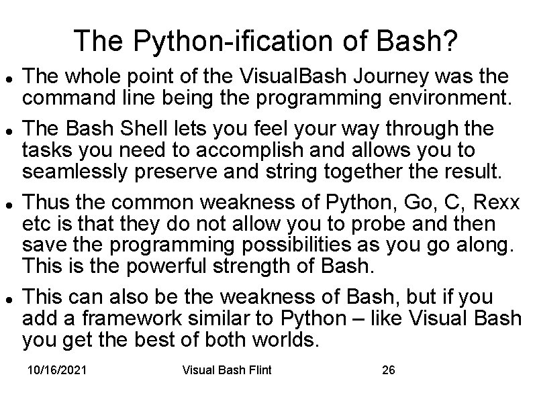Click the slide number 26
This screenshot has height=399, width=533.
387,369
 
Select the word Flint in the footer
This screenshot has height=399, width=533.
257,369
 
